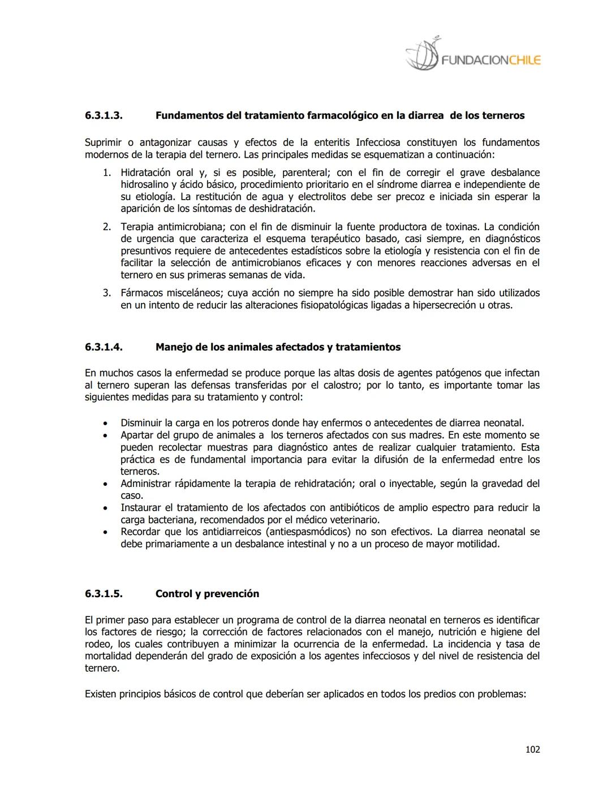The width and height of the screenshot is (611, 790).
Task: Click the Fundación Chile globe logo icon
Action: tap(422, 55)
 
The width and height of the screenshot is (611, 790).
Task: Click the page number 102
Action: tap(532, 749)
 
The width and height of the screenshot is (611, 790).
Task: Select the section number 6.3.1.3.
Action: tap(104, 115)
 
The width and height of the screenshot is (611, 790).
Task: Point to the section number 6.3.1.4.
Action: tap(104, 347)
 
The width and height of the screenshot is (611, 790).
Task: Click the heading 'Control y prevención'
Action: tap(207, 593)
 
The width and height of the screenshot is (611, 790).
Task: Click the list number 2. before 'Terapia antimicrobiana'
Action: tap(106, 226)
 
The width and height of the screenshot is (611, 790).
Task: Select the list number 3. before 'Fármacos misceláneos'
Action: tap(106, 292)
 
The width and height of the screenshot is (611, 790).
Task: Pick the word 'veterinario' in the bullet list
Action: tap(353, 519)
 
